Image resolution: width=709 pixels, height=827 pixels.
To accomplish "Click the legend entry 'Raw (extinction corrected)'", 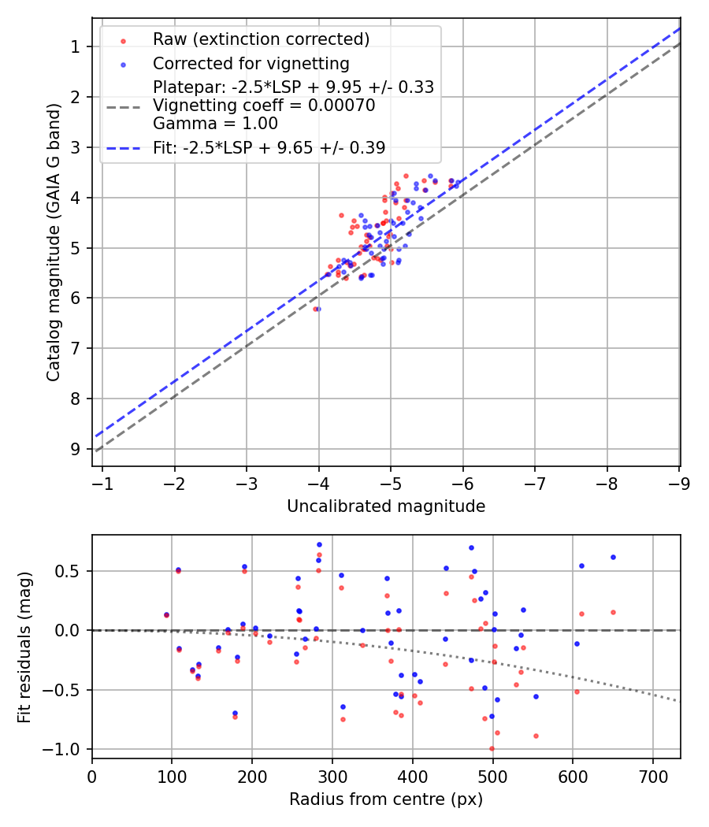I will pyautogui.click(x=261, y=39).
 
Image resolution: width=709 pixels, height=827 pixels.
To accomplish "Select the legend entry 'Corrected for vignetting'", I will pyautogui.click(x=251, y=63).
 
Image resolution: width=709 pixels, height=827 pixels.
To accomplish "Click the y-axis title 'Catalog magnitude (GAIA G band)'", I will pyautogui.click(x=53, y=241).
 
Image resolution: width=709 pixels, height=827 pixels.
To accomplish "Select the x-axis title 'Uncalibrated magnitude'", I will pyautogui.click(x=386, y=506).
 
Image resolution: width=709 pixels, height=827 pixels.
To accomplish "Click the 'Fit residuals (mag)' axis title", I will pyautogui.click(x=24, y=647).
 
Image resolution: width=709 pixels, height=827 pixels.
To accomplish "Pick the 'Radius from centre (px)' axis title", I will pyautogui.click(x=386, y=799).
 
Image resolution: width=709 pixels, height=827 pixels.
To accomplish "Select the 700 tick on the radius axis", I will pyautogui.click(x=653, y=775).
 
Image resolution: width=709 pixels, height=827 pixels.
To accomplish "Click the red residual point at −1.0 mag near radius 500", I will pyautogui.click(x=492, y=748).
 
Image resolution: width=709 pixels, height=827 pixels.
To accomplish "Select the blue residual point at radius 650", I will pyautogui.click(x=613, y=557).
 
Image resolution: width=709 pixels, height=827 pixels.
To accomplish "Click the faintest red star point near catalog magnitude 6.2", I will pyautogui.click(x=315, y=309).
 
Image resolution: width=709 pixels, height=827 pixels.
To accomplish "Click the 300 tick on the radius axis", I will pyautogui.click(x=332, y=775).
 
